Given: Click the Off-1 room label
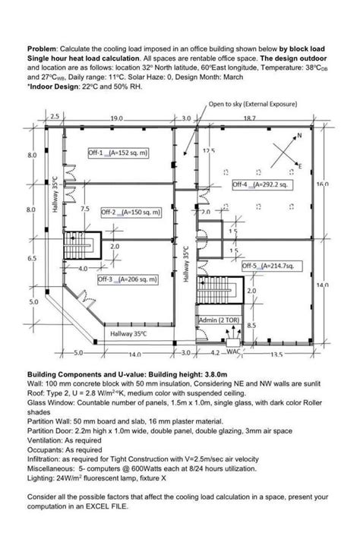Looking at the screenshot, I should click(x=118, y=153).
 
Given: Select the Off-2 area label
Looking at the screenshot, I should click(x=131, y=213).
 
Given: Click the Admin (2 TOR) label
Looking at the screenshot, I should click(x=219, y=320).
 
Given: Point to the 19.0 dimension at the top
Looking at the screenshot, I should click(x=116, y=118).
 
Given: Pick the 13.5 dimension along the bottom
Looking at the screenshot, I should click(x=276, y=354).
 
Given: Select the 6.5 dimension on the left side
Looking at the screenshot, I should click(x=32, y=259).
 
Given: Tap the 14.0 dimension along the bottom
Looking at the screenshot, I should click(x=135, y=354).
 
